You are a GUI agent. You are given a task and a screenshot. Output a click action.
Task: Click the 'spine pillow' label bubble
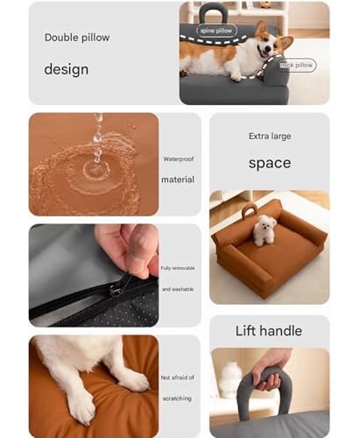coord(216,31)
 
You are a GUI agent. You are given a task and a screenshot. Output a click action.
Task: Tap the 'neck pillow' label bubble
coord(296,65)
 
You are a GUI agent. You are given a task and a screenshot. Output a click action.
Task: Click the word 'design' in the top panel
coord(67,69)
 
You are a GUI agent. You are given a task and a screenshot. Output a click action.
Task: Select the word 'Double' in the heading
coord(61,38)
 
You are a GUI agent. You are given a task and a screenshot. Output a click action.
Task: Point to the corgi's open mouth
coord(265,53)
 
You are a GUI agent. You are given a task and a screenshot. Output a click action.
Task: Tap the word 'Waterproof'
coord(179,159)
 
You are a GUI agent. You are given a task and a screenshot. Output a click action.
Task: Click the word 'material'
coord(178,180)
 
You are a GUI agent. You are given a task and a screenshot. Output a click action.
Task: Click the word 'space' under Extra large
coord(270,163)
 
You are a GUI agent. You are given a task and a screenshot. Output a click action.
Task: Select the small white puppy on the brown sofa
coord(264,230)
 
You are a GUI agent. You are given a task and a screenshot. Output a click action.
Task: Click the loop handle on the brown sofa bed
coord(248,210)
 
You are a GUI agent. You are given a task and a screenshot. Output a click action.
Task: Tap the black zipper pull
coord(118,286)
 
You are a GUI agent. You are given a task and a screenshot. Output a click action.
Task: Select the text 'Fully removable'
coord(178,268)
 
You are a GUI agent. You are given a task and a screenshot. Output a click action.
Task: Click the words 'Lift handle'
coord(269,331)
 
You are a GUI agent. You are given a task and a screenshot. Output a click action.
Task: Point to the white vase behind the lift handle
coord(230,379)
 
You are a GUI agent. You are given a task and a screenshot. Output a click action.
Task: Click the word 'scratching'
coord(177,399)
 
